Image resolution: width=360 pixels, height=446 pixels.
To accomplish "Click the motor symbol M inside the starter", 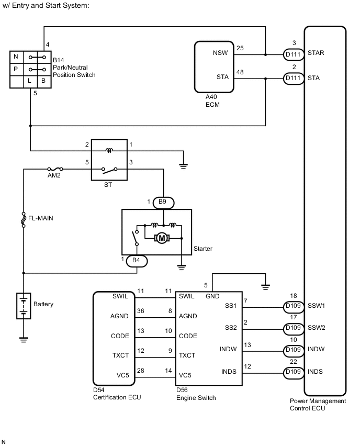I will [162, 238].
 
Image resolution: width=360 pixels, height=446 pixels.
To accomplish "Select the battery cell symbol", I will [23, 306].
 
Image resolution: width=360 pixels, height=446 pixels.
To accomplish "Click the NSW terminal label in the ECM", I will [220, 54].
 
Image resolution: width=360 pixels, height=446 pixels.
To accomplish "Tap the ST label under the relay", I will [108, 185].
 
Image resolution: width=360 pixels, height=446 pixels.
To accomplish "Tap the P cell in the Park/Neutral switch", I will [16, 69].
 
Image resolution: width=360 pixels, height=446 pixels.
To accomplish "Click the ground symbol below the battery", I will [23, 340].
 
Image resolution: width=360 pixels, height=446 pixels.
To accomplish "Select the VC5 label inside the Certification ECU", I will [120, 375].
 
